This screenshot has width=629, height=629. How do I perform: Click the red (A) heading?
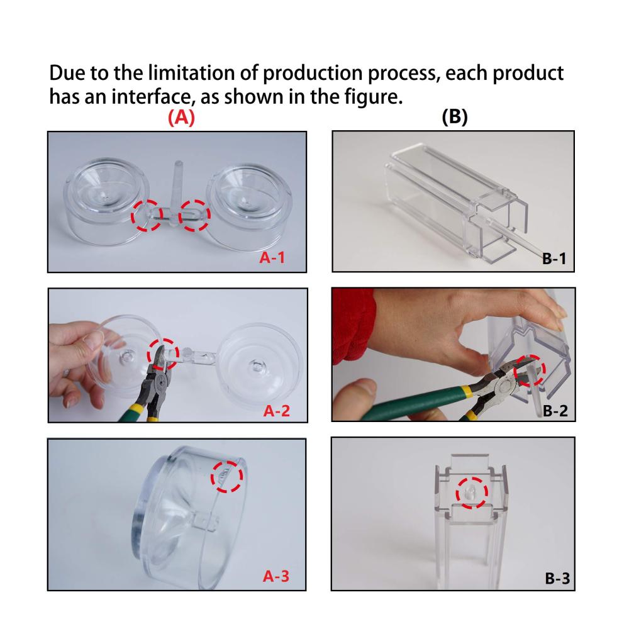(x=181, y=118)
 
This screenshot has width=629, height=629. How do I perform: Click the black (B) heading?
(x=455, y=117)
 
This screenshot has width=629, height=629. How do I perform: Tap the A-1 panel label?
(x=272, y=257)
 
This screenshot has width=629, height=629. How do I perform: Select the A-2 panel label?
(x=276, y=411)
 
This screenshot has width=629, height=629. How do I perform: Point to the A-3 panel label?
(x=276, y=576)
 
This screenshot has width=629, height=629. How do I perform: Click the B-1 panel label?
(x=554, y=259)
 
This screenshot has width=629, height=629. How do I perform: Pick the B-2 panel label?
(x=555, y=411)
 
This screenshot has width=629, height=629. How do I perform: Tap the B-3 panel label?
(x=557, y=579)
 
